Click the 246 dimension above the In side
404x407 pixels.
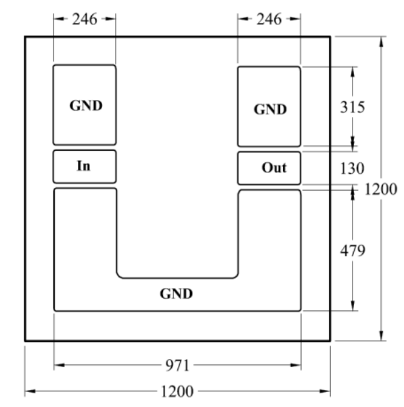point(85,20)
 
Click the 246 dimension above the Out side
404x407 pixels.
point(269,20)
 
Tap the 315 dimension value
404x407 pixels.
point(353,107)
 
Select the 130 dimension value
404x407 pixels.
point(352,168)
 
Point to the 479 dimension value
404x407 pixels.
point(353,251)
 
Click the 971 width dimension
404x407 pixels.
point(178,366)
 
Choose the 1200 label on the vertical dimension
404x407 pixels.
point(381,189)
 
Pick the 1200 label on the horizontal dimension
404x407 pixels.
point(177,391)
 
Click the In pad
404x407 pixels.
point(85,166)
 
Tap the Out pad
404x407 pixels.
point(269,168)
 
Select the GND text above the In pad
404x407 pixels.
point(86,105)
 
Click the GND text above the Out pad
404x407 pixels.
point(270,110)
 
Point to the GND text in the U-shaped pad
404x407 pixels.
point(177,294)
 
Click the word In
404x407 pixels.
point(84,166)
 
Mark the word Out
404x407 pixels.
point(274,168)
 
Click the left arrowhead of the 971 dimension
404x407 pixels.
point(59,365)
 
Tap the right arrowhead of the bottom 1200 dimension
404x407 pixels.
point(326,391)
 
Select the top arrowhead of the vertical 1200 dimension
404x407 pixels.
point(381,42)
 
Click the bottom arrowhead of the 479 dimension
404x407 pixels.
point(353,306)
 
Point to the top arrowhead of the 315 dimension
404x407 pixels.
point(353,72)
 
